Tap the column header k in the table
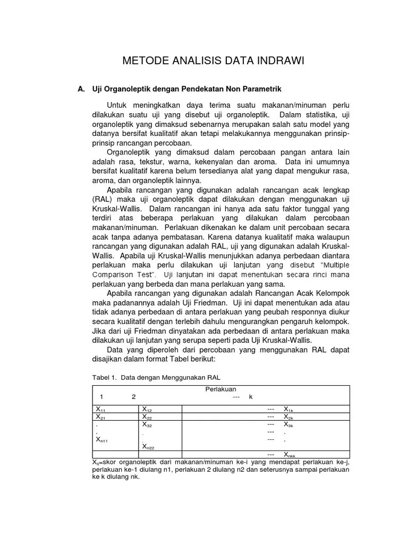[x=250, y=397]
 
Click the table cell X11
[x=100, y=410]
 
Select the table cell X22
[x=147, y=417]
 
